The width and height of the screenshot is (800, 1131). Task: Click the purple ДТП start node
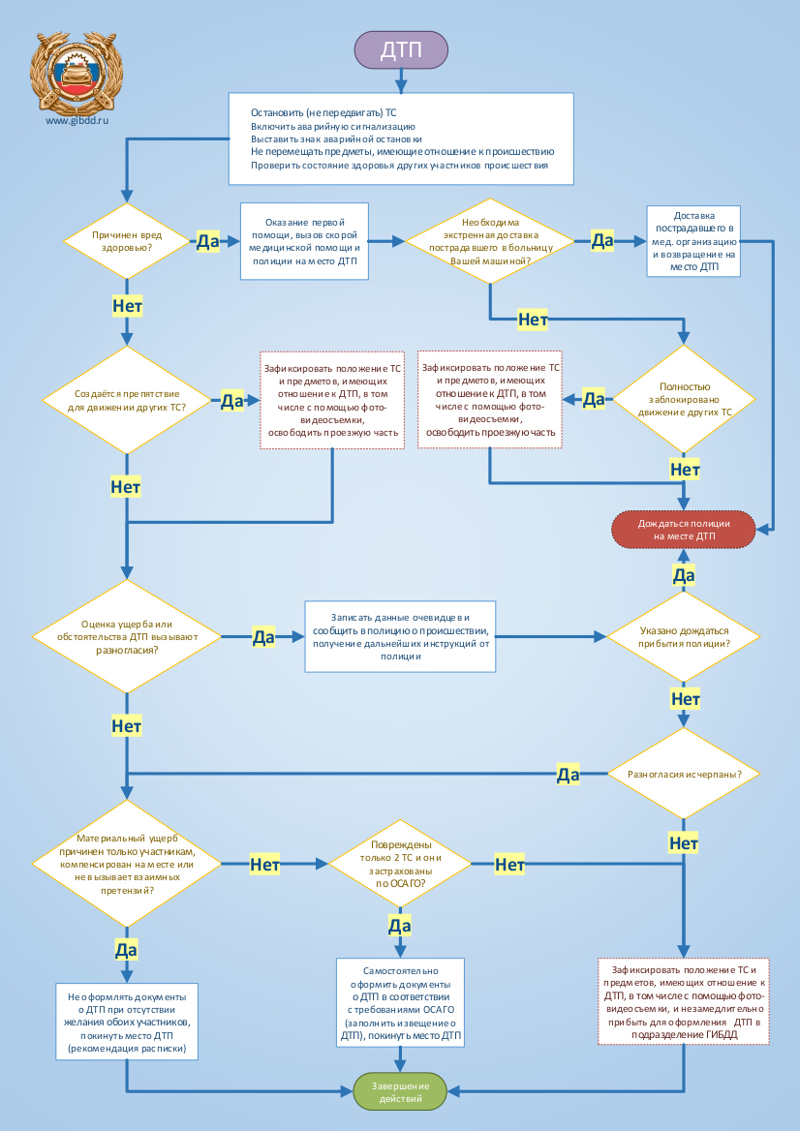coord(401,49)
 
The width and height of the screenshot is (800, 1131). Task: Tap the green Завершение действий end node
coord(400,1092)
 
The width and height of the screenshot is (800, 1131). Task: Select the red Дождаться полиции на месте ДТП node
coord(683,531)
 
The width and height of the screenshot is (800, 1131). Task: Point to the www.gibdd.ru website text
coord(77,121)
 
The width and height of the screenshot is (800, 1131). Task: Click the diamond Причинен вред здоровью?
coord(127,241)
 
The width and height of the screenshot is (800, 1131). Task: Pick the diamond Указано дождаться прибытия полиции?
coord(683,637)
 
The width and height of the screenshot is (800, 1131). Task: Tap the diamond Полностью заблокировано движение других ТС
coord(683,399)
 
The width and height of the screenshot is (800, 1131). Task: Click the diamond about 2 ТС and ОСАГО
coord(400,864)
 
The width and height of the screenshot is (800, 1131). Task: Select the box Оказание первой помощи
coord(304,241)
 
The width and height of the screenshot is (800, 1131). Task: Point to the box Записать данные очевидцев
coord(400,637)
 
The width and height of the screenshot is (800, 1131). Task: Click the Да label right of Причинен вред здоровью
coord(208,242)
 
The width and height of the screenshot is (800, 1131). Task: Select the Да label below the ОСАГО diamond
coord(400,925)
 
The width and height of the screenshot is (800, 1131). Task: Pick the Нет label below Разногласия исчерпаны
coord(683,842)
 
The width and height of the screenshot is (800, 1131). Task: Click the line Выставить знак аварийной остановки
coord(336,138)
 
